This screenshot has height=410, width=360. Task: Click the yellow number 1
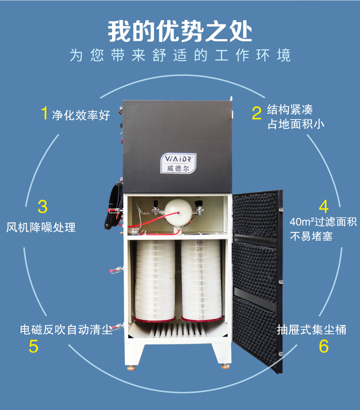45,113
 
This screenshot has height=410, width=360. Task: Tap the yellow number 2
256,113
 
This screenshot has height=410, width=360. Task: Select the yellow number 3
43,206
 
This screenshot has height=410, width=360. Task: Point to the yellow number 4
324,206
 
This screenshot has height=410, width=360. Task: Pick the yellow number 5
33,346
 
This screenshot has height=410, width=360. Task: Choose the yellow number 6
324,346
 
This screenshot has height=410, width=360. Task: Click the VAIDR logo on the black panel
178,163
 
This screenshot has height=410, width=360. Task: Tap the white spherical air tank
178,212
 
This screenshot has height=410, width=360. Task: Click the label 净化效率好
81,115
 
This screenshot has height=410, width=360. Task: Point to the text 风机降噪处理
41,227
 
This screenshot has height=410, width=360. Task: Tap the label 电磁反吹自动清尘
66,330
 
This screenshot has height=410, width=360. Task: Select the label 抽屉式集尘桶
311,330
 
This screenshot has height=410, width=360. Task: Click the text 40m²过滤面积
323,222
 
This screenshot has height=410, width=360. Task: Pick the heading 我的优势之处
180,31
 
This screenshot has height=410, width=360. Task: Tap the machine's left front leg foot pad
131,368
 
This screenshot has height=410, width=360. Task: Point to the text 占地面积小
296,124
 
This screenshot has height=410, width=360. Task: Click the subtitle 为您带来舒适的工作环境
180,55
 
